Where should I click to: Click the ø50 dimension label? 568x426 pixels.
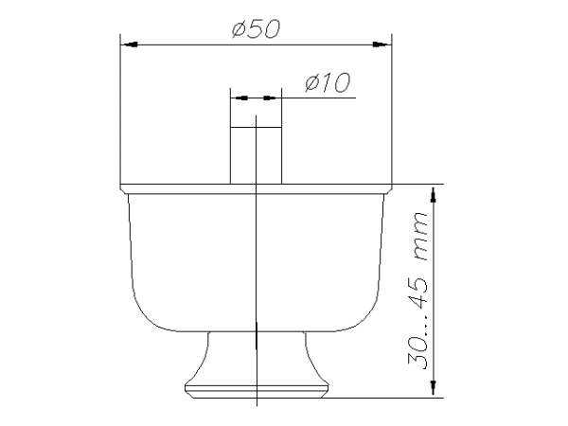[257, 29]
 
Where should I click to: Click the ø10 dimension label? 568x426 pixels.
[328, 82]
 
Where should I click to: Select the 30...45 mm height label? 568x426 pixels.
[417, 291]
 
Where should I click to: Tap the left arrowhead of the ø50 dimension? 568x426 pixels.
[130, 44]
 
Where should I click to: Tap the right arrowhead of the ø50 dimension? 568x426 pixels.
[382, 44]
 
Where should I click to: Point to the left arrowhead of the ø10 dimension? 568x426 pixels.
[241, 98]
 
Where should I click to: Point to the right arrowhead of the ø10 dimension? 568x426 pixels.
[270, 98]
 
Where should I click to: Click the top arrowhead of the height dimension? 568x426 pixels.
[434, 195]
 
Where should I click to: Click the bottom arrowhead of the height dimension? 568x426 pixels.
[434, 387]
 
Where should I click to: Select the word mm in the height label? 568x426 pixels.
[420, 236]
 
